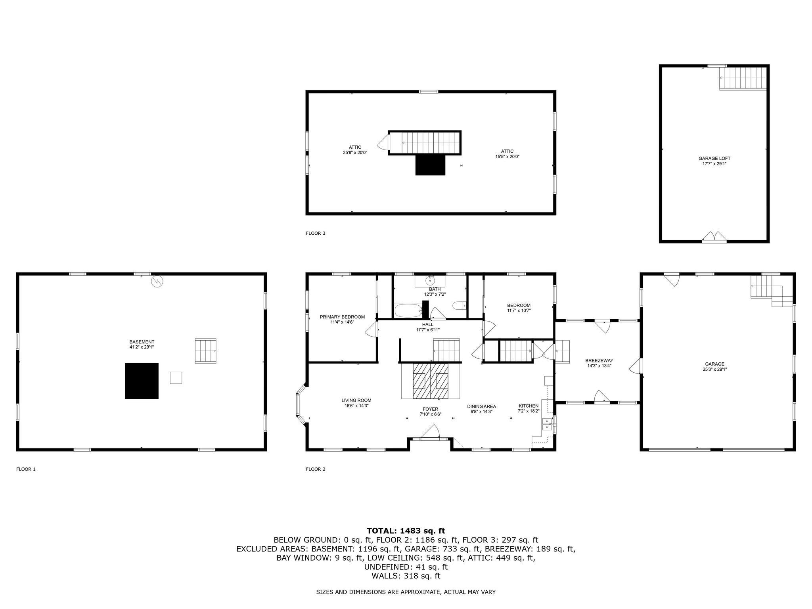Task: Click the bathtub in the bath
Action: click(408, 310)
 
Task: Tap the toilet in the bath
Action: click(460, 306)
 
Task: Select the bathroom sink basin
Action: click(430, 281)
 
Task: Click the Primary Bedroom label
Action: click(342, 317)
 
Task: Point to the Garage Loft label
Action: click(714, 158)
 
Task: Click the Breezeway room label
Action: click(599, 360)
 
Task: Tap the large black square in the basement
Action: click(142, 381)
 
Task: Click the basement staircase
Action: click(205, 351)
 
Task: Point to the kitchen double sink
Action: click(547, 424)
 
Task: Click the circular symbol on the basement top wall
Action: click(157, 282)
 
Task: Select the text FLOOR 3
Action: click(316, 233)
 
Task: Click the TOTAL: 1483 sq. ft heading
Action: click(406, 530)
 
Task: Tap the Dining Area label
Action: click(481, 406)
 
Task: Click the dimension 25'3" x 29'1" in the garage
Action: click(714, 369)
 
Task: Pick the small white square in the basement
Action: click(176, 377)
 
